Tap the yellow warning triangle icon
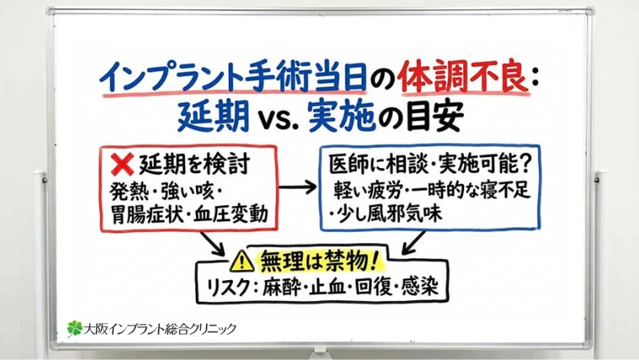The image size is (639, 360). pos(243,258)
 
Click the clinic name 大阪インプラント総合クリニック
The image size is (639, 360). pos(161,328)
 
